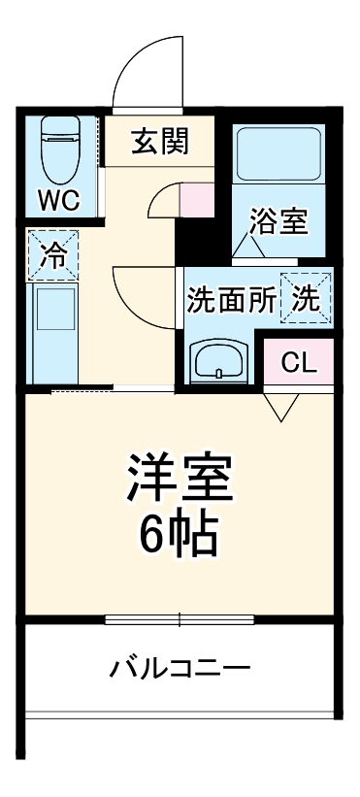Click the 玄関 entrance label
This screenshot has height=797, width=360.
click(160, 143)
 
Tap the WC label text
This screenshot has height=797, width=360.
click(58, 201)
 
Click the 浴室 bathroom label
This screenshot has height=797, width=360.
click(278, 221)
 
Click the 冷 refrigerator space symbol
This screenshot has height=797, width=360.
click(53, 255)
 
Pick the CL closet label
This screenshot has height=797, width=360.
click(298, 362)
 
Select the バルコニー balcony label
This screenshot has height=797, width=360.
click(180, 668)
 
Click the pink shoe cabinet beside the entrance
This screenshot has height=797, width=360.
click(196, 199)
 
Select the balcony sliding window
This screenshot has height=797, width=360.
click(180, 617)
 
